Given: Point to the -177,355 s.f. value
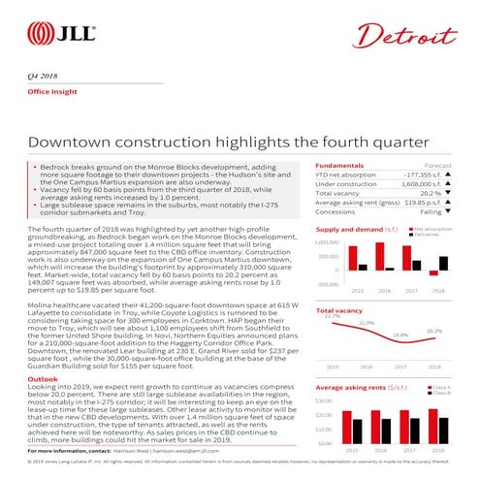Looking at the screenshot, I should click(417, 176).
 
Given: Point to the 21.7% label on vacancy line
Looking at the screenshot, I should click(332, 316).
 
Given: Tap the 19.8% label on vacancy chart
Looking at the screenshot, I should click(400, 335).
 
